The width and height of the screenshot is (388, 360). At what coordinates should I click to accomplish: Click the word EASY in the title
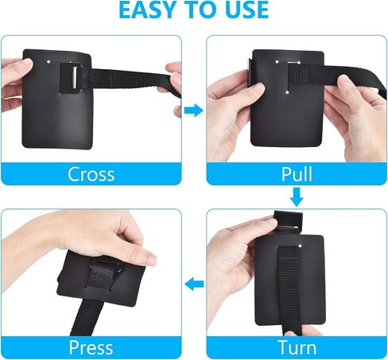(x=145, y=10)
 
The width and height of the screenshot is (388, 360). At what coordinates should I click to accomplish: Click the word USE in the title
(x=246, y=10)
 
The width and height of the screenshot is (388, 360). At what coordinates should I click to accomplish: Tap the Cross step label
(x=91, y=174)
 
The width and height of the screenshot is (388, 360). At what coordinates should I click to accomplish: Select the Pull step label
(x=297, y=174)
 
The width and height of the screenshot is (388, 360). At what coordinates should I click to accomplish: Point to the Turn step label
(x=297, y=347)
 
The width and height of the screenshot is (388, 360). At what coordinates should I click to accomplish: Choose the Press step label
(x=91, y=347)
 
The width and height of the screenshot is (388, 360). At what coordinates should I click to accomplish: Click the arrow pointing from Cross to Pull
(x=194, y=110)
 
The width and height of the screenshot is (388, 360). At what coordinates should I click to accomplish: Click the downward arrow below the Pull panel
(x=297, y=197)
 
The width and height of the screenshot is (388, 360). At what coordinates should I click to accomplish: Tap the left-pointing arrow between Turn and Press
(x=194, y=284)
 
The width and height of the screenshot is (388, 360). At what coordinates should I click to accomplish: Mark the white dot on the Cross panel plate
(x=48, y=62)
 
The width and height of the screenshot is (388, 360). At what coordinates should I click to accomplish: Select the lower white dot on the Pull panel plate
(x=288, y=92)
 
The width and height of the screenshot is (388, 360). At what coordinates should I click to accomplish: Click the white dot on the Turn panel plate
(x=300, y=246)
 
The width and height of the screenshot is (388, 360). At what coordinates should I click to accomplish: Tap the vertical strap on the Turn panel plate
(x=289, y=288)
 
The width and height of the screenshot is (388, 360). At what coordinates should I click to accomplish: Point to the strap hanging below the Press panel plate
(x=87, y=318)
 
